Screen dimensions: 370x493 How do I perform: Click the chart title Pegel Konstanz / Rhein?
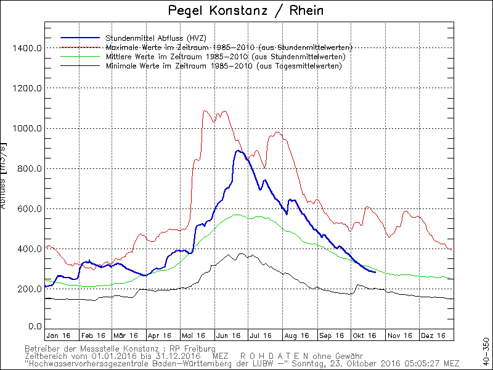[246, 11]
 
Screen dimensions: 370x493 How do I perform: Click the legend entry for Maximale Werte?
[229, 47]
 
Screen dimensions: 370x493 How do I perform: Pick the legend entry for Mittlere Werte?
[226, 57]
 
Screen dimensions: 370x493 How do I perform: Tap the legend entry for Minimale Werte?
[224, 66]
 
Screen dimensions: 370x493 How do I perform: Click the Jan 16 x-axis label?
[58, 335]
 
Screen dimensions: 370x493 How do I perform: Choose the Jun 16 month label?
[227, 335]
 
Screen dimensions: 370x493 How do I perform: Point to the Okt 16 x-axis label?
[364, 335]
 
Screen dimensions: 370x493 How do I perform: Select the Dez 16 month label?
[433, 335]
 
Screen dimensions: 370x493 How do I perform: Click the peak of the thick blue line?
[238, 150]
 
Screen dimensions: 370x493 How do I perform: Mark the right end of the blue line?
[375, 272]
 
